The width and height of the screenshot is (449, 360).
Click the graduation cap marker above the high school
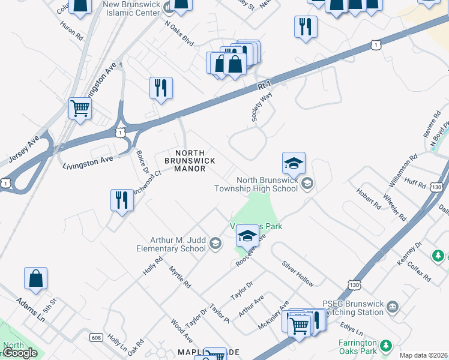[x=294, y=163]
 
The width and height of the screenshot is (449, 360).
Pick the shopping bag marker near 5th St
[x=35, y=279]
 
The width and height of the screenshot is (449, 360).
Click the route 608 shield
[x=96, y=338]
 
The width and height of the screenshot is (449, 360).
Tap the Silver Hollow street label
[x=298, y=273]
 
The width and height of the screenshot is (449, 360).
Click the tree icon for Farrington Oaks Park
[x=387, y=345]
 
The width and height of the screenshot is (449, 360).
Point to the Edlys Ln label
[x=351, y=328]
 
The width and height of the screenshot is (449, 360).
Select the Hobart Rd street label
[x=369, y=196]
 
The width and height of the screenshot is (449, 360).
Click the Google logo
[x=20, y=353]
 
